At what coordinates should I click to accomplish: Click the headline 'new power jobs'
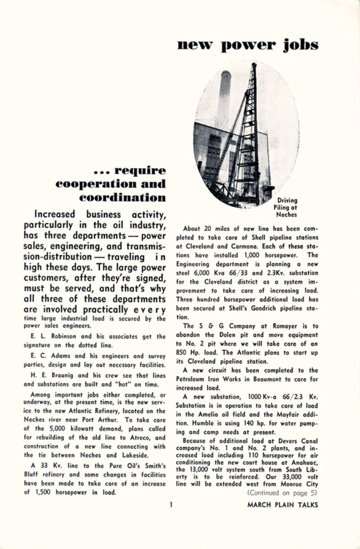coord(247,45)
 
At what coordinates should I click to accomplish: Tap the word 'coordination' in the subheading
coord(122,198)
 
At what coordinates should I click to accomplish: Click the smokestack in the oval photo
coord(225,98)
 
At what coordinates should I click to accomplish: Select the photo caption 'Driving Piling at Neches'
coord(287,207)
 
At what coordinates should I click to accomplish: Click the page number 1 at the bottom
coord(170,505)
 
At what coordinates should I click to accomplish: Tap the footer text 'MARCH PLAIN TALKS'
coord(282,505)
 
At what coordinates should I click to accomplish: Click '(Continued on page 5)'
coord(282,493)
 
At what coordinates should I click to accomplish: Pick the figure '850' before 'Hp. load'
coord(183,353)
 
